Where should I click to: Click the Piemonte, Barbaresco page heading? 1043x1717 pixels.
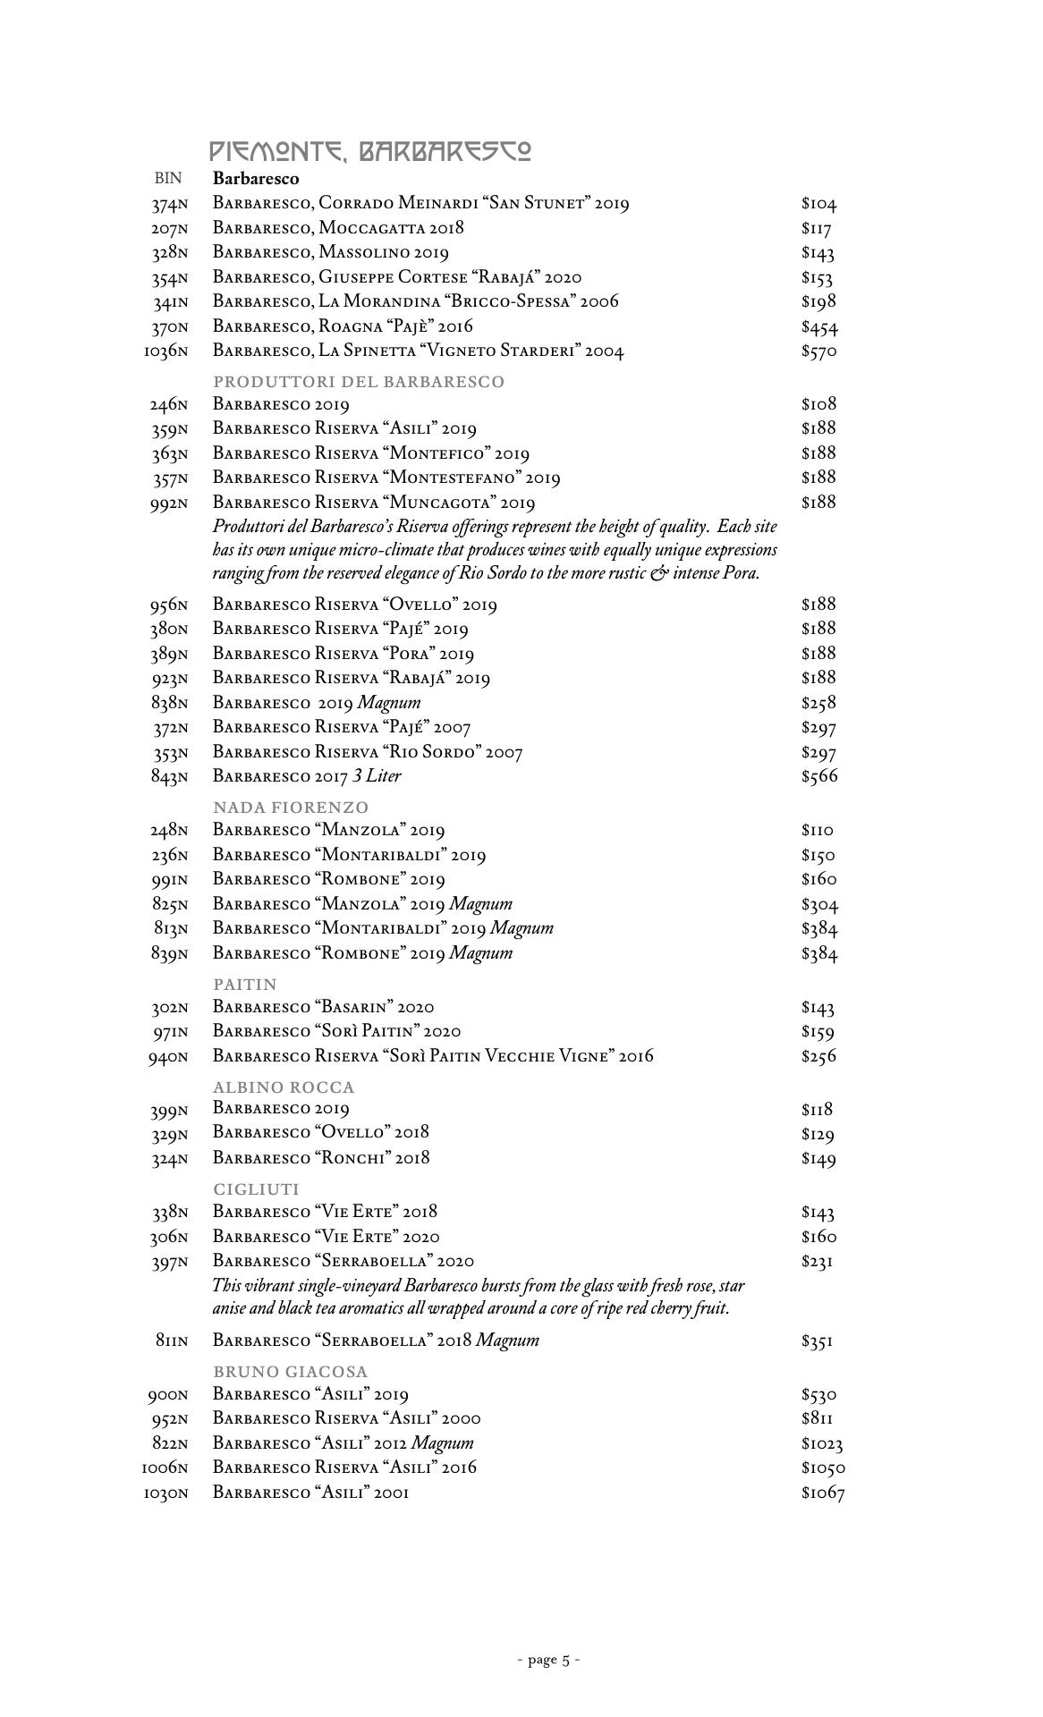pos(370,151)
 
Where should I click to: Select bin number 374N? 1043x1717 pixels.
pos(169,205)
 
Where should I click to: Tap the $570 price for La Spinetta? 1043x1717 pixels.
pos(818,351)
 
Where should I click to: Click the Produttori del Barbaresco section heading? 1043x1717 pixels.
pos(359,382)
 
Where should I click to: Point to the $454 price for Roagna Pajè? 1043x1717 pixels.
pos(819,327)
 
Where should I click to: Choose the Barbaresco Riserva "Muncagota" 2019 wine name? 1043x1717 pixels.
pos(374,503)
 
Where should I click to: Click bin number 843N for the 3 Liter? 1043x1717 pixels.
pos(169,777)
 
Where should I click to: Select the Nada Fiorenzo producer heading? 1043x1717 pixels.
pos(291,808)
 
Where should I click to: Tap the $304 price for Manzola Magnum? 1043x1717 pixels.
pos(819,905)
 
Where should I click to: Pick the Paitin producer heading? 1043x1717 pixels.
pos(245,985)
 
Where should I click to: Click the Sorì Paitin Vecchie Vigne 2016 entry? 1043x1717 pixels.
pos(433,1056)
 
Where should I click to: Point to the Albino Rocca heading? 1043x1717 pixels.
pos(284,1087)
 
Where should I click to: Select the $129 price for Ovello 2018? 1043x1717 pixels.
pos(818,1135)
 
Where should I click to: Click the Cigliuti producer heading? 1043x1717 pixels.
pos(256,1189)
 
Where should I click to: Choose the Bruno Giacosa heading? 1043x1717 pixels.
pos(291,1372)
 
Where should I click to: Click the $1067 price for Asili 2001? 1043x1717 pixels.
pos(823,1493)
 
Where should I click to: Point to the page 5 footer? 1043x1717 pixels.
pos(549,1661)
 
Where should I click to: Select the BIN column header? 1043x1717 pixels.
pos(168,179)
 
